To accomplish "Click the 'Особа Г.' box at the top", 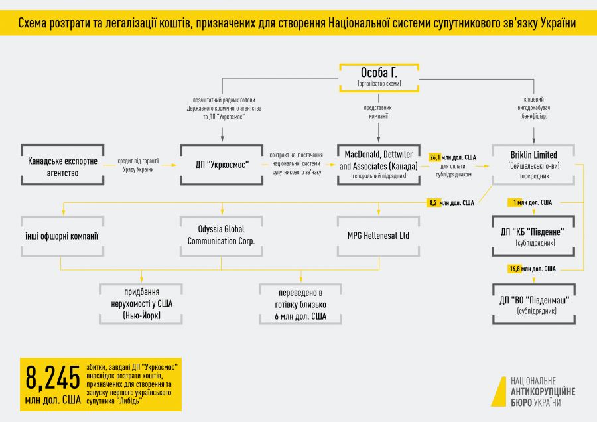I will pyautogui.click(x=379, y=76).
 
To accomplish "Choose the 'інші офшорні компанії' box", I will pyautogui.click(x=62, y=236).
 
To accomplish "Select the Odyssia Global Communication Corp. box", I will pyautogui.click(x=221, y=236).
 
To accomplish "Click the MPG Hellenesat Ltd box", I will pyautogui.click(x=378, y=236).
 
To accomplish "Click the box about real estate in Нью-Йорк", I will pyautogui.click(x=141, y=305).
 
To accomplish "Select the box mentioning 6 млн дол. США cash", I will pyautogui.click(x=300, y=305).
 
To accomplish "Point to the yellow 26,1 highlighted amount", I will pyautogui.click(x=435, y=157).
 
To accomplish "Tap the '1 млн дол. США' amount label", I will pyautogui.click(x=534, y=202).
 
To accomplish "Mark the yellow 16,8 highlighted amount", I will pyautogui.click(x=515, y=269).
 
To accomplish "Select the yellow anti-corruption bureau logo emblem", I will pyautogui.click(x=498, y=391).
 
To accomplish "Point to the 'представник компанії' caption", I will pyautogui.click(x=378, y=111).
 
